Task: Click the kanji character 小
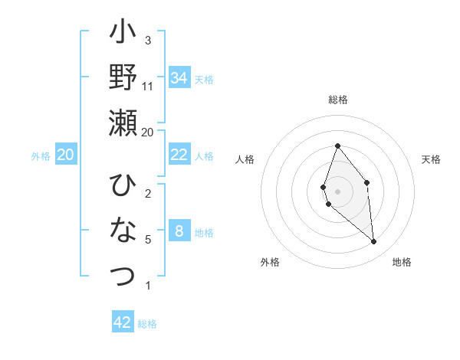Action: (123, 35)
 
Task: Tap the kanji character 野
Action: (123, 78)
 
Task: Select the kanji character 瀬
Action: (123, 122)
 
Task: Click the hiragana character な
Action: (123, 230)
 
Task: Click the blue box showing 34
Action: (179, 77)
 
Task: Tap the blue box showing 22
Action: (179, 155)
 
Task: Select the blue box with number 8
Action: (179, 231)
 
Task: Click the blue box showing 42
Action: (123, 322)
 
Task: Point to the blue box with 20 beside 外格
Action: (65, 155)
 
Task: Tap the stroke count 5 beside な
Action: (148, 239)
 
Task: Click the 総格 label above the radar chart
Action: (337, 100)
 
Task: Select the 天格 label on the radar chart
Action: (431, 159)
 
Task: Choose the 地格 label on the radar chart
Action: (402, 262)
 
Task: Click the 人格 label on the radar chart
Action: (245, 159)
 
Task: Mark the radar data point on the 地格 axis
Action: (374, 242)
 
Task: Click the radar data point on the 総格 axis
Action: (337, 146)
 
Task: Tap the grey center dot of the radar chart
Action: (337, 191)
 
